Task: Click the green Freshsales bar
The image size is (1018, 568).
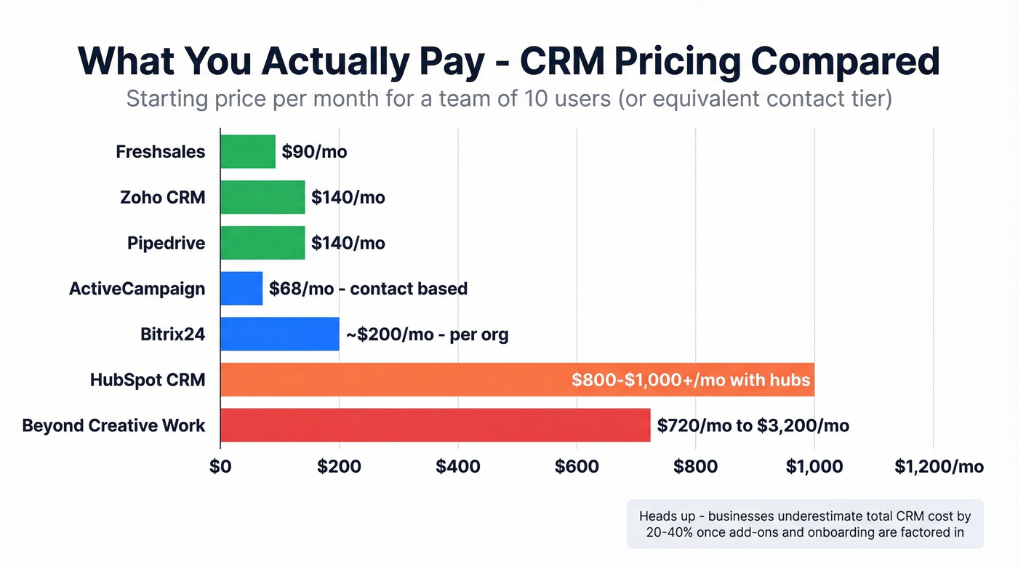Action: point(248,151)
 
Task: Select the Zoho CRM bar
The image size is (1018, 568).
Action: point(262,197)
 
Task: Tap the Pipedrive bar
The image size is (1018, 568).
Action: point(262,243)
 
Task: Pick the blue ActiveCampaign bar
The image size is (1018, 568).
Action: point(241,288)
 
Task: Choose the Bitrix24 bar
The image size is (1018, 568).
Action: point(280,334)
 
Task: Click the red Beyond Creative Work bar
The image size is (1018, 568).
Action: point(435,425)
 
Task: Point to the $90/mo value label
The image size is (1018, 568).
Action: point(314,152)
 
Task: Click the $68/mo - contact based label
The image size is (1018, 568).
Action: point(368,289)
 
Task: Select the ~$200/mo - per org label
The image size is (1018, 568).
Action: point(427,335)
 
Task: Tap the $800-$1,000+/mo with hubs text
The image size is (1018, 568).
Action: point(690,380)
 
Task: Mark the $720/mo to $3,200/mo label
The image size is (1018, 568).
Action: point(753,425)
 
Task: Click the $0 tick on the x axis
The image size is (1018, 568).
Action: point(220,466)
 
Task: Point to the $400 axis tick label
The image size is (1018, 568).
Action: point(458,466)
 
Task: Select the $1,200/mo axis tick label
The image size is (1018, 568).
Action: point(939,466)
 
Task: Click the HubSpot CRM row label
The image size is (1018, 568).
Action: point(148,380)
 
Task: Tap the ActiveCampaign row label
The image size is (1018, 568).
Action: point(137,289)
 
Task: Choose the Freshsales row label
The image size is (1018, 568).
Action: point(160,152)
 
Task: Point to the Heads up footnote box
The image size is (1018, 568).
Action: point(805,524)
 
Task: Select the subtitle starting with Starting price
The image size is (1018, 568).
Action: point(509,97)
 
